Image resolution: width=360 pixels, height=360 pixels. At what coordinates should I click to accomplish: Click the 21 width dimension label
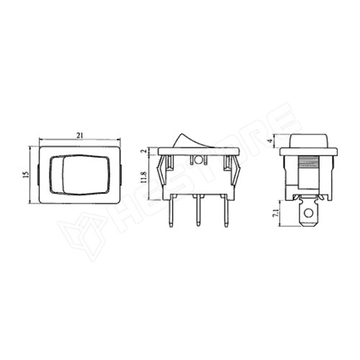[80, 135]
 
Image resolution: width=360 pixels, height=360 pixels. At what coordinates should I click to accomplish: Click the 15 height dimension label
[26, 174]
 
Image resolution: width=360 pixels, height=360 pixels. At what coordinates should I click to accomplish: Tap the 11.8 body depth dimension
[144, 178]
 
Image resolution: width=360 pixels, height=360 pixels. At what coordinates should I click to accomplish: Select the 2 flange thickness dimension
[144, 151]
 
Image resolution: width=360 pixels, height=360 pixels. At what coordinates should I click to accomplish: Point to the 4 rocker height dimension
[271, 141]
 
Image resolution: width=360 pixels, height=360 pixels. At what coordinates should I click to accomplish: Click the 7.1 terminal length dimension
[276, 213]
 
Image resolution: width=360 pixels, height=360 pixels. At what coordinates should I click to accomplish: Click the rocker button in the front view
[79, 174]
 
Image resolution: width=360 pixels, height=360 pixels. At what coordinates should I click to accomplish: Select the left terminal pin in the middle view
[171, 211]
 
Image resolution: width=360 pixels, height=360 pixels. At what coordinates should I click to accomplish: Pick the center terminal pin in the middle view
[198, 211]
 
